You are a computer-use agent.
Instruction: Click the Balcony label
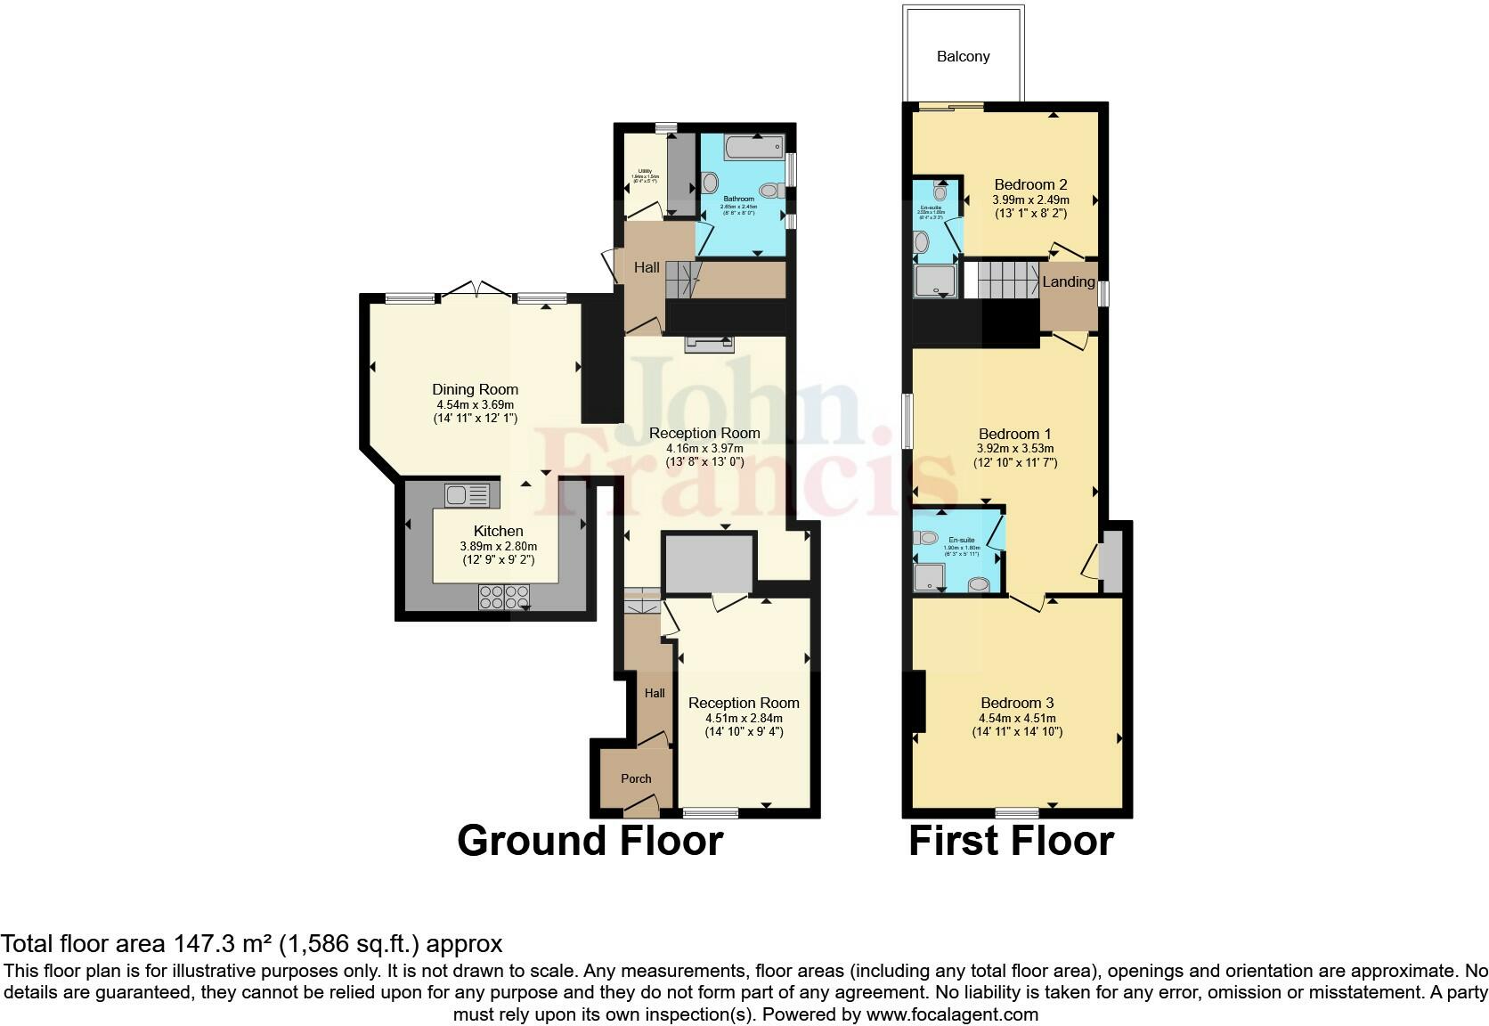tap(963, 56)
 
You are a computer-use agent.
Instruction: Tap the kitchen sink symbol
tap(467, 493)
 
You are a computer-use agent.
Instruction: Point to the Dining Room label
tap(475, 389)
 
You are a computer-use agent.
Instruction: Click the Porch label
tap(636, 778)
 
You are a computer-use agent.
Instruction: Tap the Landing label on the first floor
tap(1068, 281)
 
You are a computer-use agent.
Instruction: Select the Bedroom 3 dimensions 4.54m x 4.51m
tap(1017, 718)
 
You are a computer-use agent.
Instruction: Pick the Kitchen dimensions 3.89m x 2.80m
tap(498, 546)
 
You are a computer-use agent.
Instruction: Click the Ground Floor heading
tap(590, 841)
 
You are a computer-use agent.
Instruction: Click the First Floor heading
tap(1011, 841)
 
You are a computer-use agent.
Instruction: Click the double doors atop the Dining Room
tap(476, 290)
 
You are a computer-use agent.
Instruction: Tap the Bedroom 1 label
tap(1016, 435)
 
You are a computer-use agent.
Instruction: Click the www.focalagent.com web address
tap(952, 1014)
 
